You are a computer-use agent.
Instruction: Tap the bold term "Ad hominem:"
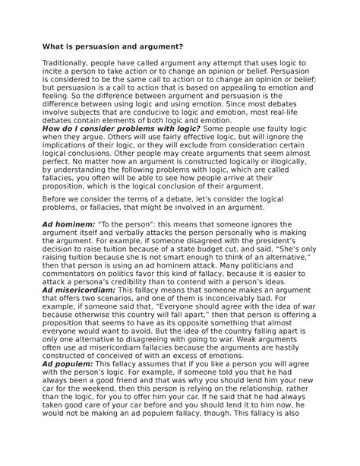67,226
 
